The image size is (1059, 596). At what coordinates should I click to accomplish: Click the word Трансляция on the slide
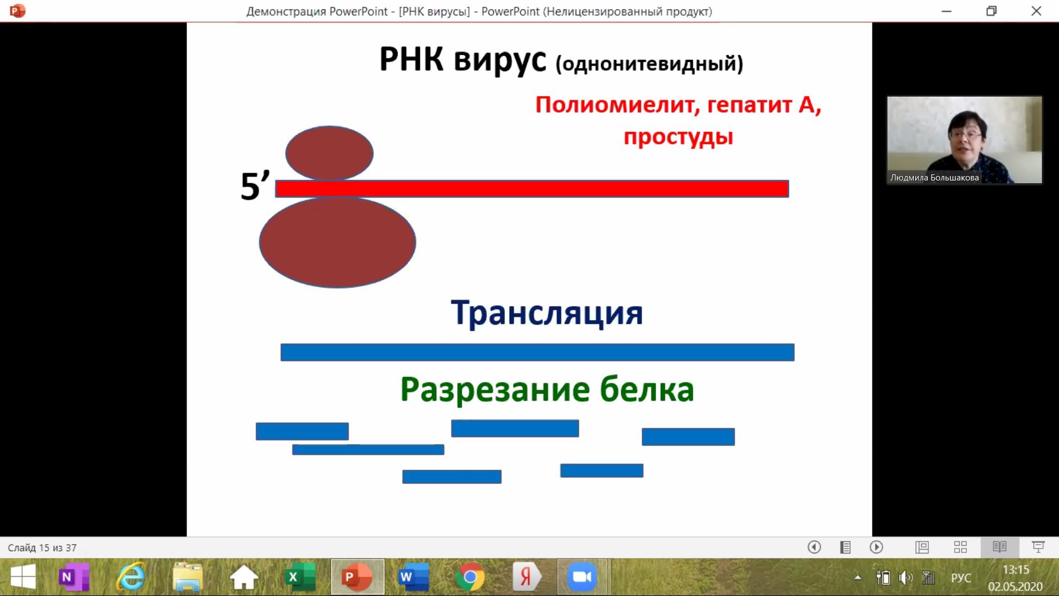pos(547,313)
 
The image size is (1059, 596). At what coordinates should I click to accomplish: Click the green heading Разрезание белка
pos(547,390)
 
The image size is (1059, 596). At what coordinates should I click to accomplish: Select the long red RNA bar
pos(532,189)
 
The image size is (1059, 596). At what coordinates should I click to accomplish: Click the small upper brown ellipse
pos(329,153)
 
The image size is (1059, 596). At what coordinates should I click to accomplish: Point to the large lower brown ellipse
pos(338,242)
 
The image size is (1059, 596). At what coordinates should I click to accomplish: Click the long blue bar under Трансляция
pos(537,352)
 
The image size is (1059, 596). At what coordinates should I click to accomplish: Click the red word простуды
pos(678,137)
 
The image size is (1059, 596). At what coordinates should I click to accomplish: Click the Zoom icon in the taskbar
pos(582,577)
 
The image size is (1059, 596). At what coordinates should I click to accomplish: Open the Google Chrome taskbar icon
pos(470,577)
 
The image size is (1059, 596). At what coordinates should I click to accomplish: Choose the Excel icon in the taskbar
pos(301,577)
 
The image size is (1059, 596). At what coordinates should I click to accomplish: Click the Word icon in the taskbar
pos(414,577)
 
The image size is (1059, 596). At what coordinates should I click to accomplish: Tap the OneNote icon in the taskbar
pos(74,577)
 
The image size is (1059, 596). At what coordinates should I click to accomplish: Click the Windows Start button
pos(23,577)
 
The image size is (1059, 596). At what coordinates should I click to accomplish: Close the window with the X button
pos(1036,11)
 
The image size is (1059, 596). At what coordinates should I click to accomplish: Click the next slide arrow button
pos(876,547)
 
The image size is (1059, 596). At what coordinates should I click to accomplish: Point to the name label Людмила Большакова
pos(934,178)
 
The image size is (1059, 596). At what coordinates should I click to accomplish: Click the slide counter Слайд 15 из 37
pos(42,548)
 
